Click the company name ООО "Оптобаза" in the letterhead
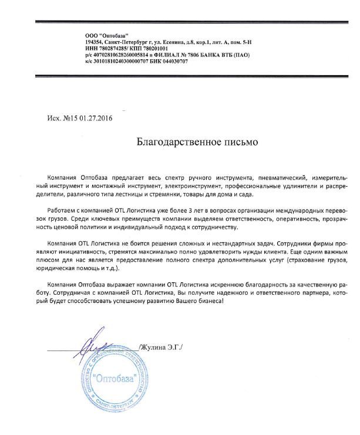point(106,36)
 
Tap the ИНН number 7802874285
point(110,49)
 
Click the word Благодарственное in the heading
point(170,141)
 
